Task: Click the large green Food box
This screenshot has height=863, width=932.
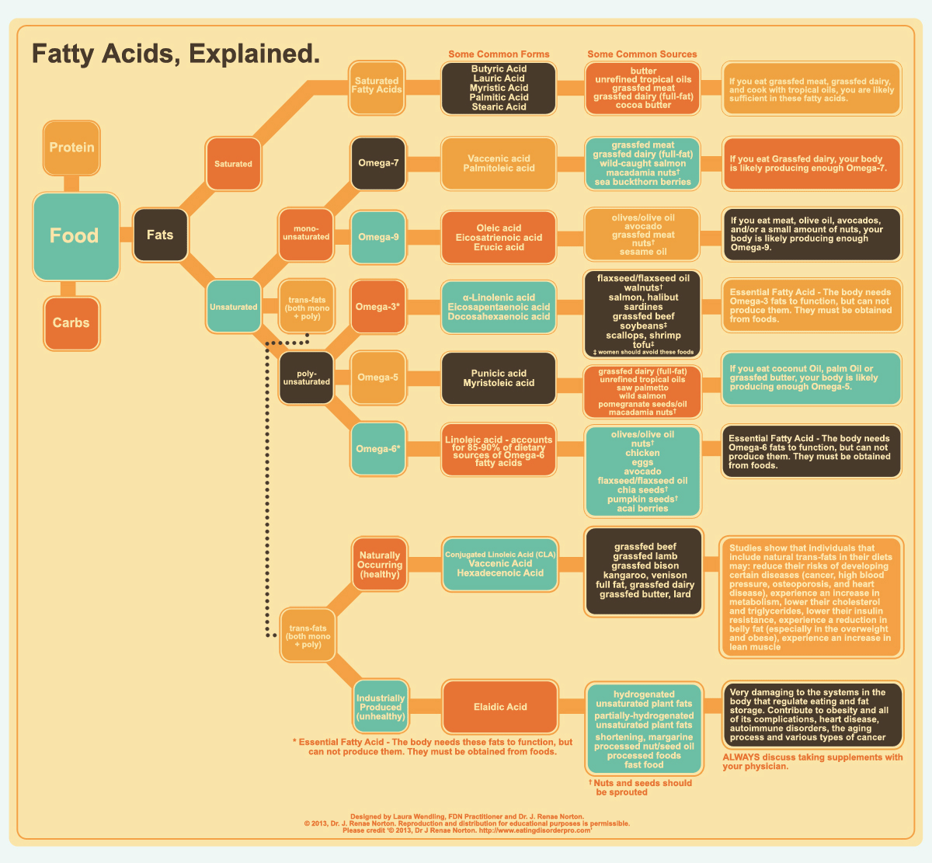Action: point(75,236)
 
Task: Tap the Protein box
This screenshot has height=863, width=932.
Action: point(71,148)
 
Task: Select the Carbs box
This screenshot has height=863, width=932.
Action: point(71,322)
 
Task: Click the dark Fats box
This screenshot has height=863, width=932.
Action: point(160,235)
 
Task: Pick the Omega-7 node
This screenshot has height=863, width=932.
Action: point(378,163)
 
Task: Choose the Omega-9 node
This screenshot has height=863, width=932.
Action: point(378,237)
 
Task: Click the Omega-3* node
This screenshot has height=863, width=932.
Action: point(378,307)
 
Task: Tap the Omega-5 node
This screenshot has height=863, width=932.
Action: point(378,378)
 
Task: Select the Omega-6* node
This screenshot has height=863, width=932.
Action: point(378,449)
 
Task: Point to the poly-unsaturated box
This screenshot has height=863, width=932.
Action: point(306,378)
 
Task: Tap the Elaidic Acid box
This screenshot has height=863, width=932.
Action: point(499,707)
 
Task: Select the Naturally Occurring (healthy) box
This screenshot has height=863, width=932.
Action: point(379,565)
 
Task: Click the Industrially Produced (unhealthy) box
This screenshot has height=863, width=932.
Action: point(381,707)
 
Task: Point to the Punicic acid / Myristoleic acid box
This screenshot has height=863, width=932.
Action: point(499,378)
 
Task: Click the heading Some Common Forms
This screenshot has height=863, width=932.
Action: point(499,54)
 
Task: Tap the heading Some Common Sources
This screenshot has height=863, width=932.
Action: point(642,54)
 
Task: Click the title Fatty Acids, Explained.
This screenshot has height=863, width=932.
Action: point(176,54)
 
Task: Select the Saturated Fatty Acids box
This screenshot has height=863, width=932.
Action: point(377,85)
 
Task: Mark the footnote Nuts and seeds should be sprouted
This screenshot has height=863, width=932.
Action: point(642,788)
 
